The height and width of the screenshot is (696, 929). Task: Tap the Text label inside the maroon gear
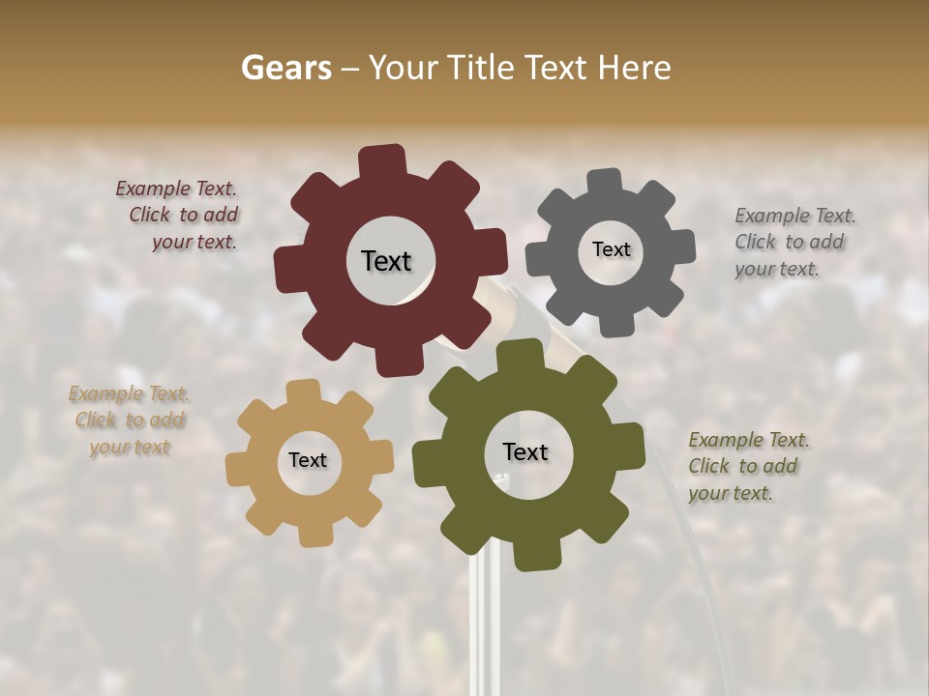(386, 261)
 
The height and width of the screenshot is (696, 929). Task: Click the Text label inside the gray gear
(611, 249)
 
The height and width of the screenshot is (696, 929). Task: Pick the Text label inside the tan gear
(308, 460)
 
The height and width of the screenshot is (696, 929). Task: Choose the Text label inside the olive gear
(525, 452)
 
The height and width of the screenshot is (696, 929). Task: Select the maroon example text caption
(177, 216)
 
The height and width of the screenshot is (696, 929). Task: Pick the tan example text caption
(130, 420)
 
